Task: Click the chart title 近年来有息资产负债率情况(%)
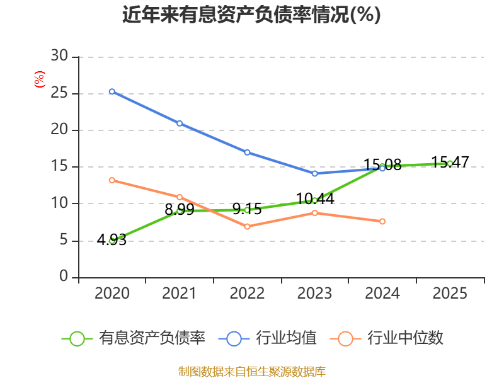point(251,14)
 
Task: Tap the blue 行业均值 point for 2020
point(112,91)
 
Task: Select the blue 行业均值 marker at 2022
point(247,152)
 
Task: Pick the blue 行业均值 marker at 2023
point(314,174)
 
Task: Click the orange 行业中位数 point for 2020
point(112,180)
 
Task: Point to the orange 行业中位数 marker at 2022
point(247,227)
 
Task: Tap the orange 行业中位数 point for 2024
point(382,222)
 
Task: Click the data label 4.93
point(112,240)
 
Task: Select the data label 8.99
point(180,210)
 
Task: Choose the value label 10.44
point(315,198)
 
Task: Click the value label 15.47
point(450,162)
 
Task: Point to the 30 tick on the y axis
point(59,56)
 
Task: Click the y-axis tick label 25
point(59,93)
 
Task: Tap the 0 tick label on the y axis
point(64,276)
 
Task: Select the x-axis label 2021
point(179,294)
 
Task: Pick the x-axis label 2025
point(450,294)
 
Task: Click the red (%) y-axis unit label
point(40,79)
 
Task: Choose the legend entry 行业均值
point(267,338)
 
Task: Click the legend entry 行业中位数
point(386,338)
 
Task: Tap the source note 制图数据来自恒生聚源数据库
point(252,372)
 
